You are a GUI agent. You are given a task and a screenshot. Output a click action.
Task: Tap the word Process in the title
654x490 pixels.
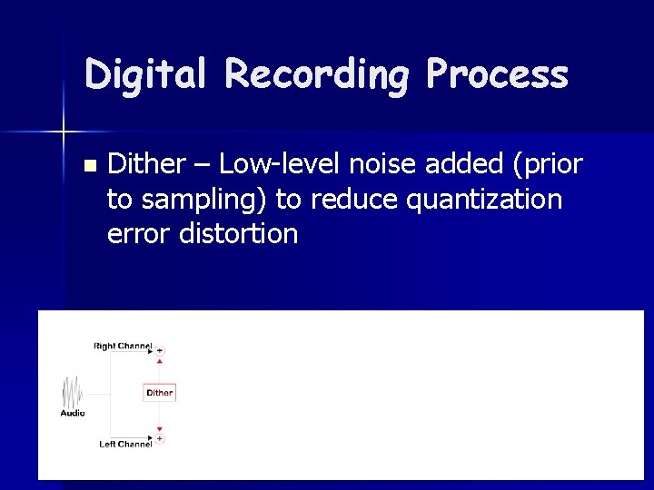(x=497, y=74)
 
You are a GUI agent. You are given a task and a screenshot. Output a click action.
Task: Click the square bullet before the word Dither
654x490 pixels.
(x=88, y=166)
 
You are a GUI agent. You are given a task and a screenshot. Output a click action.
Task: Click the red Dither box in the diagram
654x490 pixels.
(x=159, y=393)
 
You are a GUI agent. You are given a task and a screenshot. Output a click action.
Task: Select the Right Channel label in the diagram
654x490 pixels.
(x=122, y=346)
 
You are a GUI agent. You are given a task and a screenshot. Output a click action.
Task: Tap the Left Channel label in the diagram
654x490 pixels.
(x=124, y=444)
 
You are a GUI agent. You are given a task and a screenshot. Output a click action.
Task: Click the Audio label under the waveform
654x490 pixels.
(x=73, y=413)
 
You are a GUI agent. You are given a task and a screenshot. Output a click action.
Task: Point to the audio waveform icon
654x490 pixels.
(x=73, y=392)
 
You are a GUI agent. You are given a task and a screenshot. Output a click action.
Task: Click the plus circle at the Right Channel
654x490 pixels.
(x=160, y=350)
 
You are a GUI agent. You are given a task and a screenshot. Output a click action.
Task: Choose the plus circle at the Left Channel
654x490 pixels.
(x=160, y=438)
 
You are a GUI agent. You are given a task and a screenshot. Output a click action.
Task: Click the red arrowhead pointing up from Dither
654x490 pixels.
(x=160, y=361)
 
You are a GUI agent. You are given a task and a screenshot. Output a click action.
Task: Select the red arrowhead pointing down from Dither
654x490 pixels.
(x=160, y=428)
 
